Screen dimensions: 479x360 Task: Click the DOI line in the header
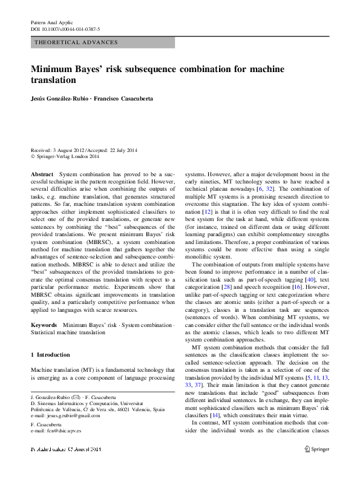tap(65, 29)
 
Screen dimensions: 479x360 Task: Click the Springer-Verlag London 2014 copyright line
tap(67, 156)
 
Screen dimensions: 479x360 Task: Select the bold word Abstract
tap(42, 174)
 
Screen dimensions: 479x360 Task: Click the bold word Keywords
tap(44, 326)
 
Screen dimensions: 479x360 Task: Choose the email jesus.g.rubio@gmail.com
tap(74, 417)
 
